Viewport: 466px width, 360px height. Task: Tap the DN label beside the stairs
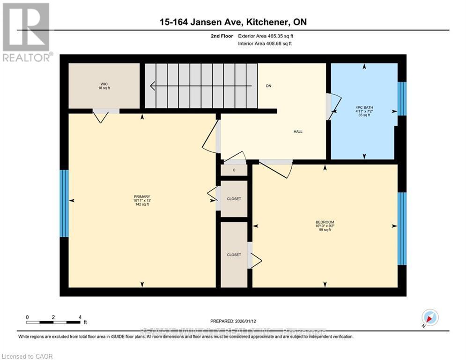269,86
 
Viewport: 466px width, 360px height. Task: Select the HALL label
298,132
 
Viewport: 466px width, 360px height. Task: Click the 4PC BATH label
363,111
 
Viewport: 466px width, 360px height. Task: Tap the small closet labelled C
234,170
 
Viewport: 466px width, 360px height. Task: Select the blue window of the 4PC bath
402,99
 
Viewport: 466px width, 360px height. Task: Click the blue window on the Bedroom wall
402,228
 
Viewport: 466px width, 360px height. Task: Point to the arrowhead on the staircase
153,86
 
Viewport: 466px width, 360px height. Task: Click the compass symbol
429,318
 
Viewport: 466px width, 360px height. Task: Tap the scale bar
53,322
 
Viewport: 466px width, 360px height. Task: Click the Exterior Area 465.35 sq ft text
266,36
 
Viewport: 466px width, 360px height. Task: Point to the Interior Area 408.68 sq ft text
266,44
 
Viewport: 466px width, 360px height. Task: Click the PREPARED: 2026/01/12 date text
233,321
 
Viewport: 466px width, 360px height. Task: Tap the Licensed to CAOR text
28,356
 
